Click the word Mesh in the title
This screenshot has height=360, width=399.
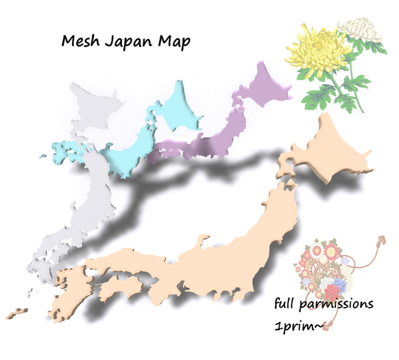point(80,42)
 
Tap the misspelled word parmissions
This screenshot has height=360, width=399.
point(338,304)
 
